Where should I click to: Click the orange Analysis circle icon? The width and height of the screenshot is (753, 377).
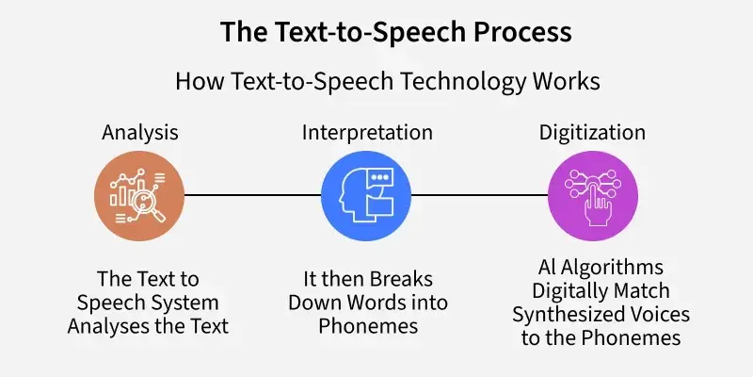pos(139,196)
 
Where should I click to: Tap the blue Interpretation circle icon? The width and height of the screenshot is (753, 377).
pos(366,196)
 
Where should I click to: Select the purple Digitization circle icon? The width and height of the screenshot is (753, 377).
pos(593,196)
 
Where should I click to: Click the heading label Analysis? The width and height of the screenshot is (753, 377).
pos(139,133)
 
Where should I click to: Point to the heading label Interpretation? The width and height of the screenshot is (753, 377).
pos(367,132)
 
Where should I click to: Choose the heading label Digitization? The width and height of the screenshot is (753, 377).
pos(592,133)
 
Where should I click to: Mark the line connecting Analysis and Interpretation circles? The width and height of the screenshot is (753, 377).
pos(252,195)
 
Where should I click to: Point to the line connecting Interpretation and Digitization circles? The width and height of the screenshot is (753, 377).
pos(479,195)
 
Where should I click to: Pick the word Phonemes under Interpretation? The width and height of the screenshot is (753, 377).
pos(368,326)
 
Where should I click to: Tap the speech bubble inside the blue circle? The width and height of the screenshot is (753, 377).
pos(380,178)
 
